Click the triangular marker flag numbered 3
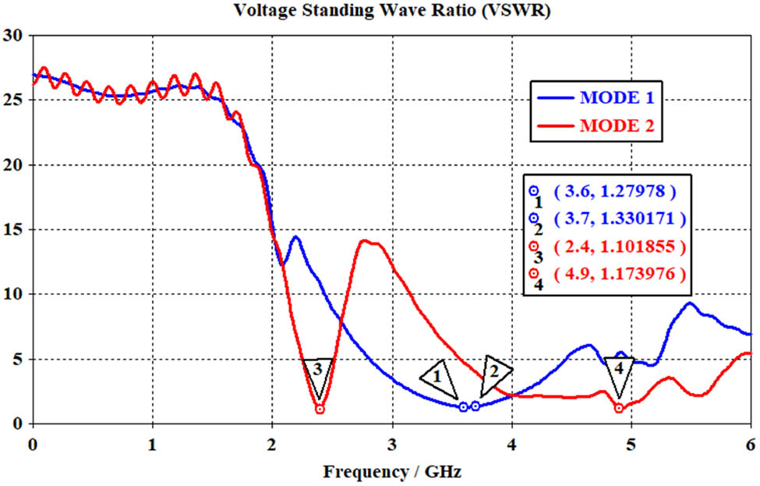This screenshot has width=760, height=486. (x=318, y=371)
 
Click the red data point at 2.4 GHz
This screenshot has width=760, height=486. (x=320, y=409)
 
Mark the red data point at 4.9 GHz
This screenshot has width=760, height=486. (x=619, y=408)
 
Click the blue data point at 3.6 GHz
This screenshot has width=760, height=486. (x=464, y=406)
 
